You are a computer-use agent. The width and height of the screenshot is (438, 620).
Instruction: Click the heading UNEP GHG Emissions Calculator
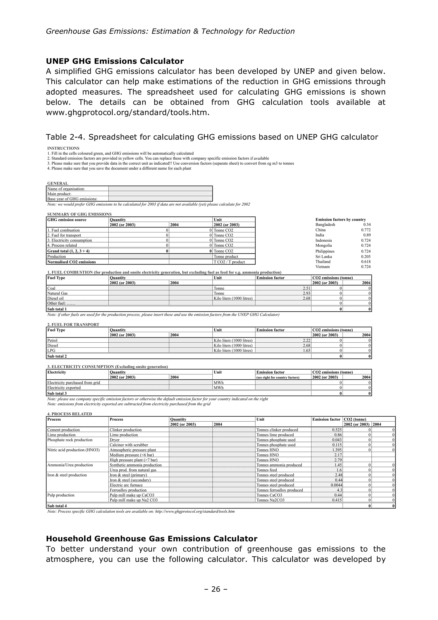point(115,61)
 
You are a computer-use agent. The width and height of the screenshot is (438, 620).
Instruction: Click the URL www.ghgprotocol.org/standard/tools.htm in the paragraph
point(127,112)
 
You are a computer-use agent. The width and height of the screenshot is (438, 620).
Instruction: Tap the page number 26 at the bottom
point(216,589)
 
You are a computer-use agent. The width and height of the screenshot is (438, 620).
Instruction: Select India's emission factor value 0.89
point(367,235)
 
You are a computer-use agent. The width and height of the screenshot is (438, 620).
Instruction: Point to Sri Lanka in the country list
point(324,257)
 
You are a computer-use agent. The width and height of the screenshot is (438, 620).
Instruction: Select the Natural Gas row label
point(58,293)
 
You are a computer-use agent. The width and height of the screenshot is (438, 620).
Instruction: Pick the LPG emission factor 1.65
point(306,351)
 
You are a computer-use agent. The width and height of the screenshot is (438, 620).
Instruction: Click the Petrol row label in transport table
point(52,340)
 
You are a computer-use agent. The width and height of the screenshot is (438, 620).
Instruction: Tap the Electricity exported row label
point(64,388)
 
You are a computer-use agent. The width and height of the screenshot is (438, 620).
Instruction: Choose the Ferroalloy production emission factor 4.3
point(338,490)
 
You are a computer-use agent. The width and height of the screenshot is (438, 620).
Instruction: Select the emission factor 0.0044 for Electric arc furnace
point(337,485)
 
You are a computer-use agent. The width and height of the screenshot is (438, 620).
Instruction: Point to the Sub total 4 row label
point(57,506)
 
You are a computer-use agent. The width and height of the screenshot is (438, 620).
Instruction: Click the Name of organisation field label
point(66,189)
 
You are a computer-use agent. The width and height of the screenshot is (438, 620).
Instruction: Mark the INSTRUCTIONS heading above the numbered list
point(63,148)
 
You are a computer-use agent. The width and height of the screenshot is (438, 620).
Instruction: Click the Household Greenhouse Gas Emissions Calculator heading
point(151,539)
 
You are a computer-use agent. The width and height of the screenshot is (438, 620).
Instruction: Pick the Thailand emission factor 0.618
point(366,262)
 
